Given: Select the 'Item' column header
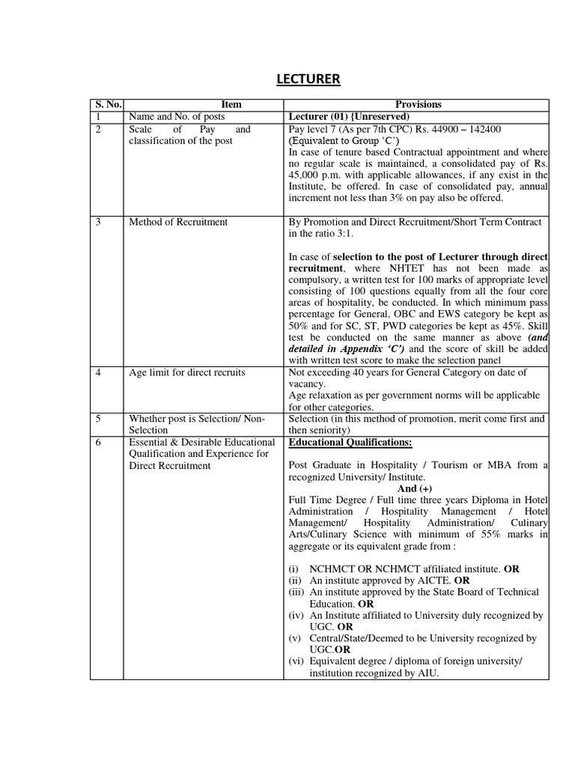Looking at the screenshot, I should click(x=231, y=105).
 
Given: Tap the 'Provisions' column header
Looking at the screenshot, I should click(x=418, y=105).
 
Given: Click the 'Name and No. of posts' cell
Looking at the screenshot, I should click(x=177, y=117).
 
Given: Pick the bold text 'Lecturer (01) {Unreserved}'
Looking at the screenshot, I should click(x=349, y=117).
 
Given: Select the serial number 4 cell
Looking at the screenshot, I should click(x=98, y=372).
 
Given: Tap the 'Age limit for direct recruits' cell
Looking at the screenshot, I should click(x=187, y=372).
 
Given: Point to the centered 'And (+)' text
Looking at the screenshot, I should click(x=418, y=488).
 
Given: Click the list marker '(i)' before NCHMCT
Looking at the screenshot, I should click(x=294, y=569).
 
